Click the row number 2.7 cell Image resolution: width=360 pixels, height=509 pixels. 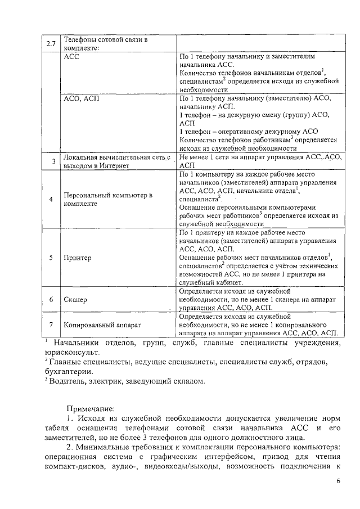51,43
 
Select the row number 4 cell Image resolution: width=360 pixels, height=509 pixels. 51,199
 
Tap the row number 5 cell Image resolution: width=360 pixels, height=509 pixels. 51,258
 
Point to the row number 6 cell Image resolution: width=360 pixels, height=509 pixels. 51,300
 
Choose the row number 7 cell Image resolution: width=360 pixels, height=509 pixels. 51,325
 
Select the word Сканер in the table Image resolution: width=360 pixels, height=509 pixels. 76,300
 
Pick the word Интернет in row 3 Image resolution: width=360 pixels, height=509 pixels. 115,166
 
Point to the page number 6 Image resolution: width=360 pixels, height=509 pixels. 338,481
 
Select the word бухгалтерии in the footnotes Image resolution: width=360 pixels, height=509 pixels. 69,371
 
